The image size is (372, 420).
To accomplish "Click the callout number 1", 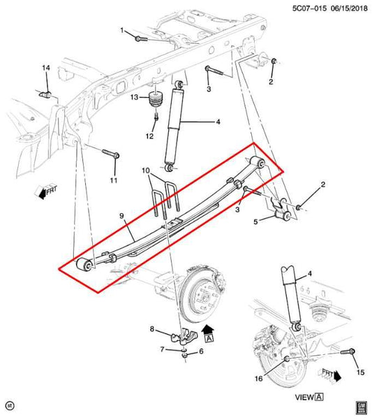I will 121,31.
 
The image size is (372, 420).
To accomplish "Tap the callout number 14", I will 46,68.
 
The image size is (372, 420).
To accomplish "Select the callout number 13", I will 136,99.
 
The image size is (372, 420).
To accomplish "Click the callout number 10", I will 146,171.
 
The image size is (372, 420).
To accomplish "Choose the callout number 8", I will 151,328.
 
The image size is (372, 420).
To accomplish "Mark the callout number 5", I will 255,222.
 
